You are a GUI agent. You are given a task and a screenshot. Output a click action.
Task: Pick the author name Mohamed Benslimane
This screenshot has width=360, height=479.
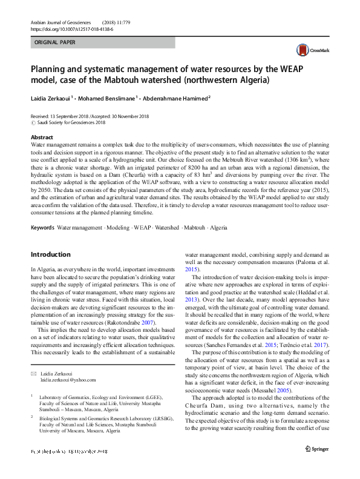click(106, 97)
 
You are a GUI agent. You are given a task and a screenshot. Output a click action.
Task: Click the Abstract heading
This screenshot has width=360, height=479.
click(42, 137)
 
